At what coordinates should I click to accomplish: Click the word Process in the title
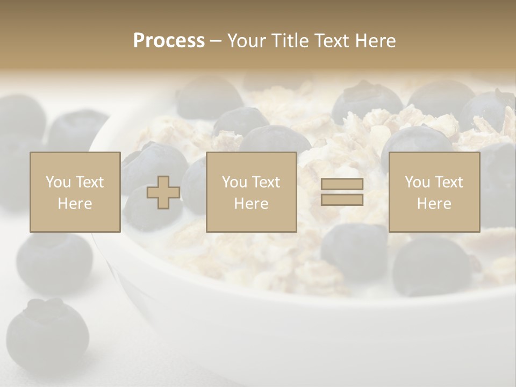point(169,41)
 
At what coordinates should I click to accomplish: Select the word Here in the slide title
point(374,41)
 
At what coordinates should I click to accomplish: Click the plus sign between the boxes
point(163,192)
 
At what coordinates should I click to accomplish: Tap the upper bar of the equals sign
point(342,184)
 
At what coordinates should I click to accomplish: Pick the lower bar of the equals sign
point(342,199)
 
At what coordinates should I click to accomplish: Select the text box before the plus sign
point(75,192)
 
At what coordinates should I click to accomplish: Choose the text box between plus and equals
point(251,192)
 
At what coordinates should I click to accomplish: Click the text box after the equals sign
point(434,192)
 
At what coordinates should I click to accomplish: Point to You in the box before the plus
point(58,182)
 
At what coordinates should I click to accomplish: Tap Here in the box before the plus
point(75,203)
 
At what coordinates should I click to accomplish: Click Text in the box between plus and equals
point(267,182)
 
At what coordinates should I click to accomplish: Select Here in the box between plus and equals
point(251,203)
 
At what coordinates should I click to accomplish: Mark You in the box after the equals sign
point(417,182)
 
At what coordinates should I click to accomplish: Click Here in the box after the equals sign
point(434,203)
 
